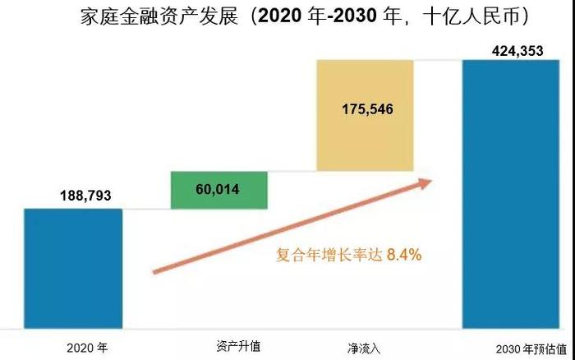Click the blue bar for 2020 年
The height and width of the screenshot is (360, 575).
[72, 267]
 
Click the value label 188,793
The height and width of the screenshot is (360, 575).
[85, 196]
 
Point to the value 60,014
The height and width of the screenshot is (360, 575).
[218, 190]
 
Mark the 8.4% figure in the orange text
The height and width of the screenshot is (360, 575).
[404, 256]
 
